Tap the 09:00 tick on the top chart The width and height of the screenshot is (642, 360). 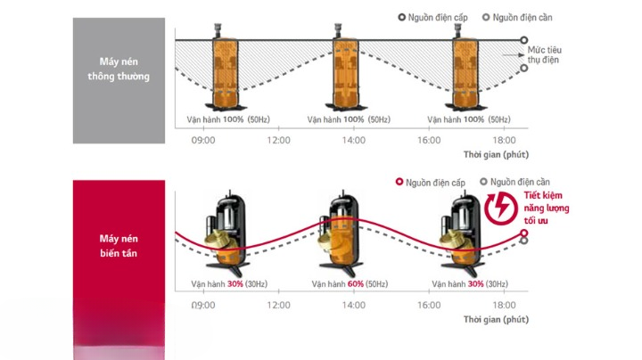point(203,141)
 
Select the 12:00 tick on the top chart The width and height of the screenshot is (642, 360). point(278,141)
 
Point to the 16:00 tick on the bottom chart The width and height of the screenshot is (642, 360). point(429,305)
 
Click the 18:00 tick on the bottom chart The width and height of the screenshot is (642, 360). point(504,305)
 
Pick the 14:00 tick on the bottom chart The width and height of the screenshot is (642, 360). point(354,305)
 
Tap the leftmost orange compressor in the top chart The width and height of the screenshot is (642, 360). point(226,70)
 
